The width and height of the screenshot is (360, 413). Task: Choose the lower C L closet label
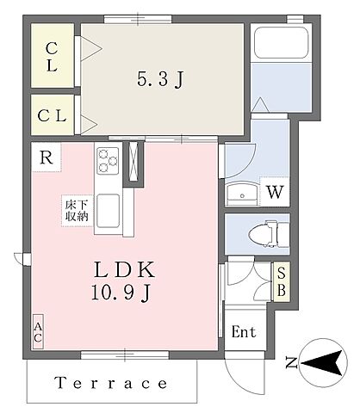point(53,114)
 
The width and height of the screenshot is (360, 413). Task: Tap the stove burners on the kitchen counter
point(109,161)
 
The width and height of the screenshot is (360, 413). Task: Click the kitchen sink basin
point(109,209)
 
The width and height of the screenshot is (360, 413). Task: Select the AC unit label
point(39,331)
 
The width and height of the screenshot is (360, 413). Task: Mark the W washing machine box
point(273,192)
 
